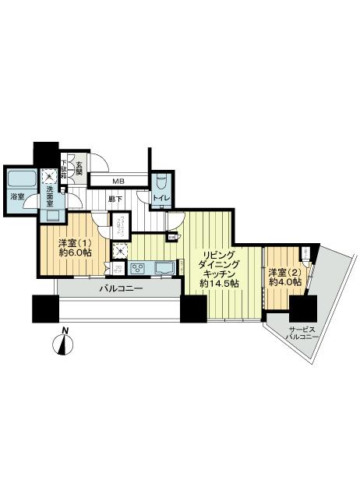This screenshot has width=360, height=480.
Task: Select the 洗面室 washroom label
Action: [47, 194]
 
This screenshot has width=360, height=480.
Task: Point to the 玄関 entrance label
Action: [79, 168]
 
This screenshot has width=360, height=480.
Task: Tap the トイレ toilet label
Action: [161, 198]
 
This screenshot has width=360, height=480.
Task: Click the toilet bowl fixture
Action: [161, 181]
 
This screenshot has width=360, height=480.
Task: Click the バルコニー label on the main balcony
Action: [120, 289]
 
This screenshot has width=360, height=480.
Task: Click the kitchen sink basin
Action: [165, 269]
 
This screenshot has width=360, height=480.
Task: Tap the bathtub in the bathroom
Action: [17, 184]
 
